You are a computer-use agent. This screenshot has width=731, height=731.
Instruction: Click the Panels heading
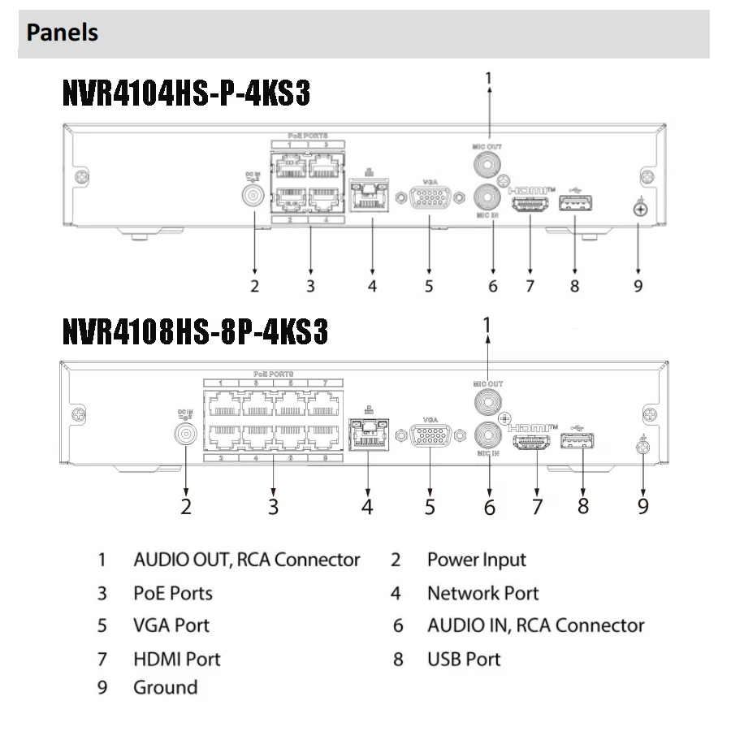pyautogui.click(x=63, y=32)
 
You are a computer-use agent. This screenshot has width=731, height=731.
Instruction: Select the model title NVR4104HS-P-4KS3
pyautogui.click(x=186, y=94)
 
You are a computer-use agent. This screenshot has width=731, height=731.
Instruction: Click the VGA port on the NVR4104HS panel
pyautogui.click(x=430, y=198)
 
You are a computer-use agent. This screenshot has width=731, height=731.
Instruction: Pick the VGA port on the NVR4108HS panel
pyautogui.click(x=431, y=436)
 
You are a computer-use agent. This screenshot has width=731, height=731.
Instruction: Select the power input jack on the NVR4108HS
pyautogui.click(x=186, y=435)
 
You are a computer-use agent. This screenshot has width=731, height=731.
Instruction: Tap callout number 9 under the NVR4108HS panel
pyautogui.click(x=643, y=506)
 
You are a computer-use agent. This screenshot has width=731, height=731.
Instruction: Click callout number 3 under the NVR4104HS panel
pyautogui.click(x=310, y=285)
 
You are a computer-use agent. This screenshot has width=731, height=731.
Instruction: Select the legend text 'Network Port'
pyautogui.click(x=482, y=594)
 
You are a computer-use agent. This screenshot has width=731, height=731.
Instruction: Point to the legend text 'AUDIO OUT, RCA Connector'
pyautogui.click(x=246, y=560)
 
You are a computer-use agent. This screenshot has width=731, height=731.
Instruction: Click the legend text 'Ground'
pyautogui.click(x=165, y=688)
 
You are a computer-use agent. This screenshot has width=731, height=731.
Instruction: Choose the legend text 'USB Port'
pyautogui.click(x=464, y=659)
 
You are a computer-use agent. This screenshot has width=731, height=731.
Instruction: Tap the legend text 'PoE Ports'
pyautogui.click(x=173, y=593)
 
